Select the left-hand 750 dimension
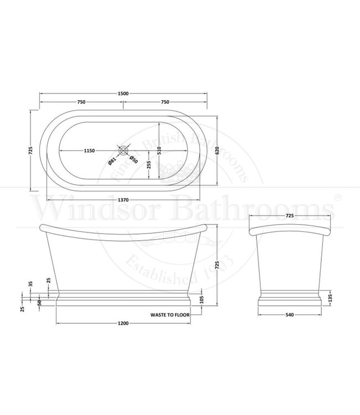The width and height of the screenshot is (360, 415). coord(81,102)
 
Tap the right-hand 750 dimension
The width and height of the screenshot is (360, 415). coord(165,102)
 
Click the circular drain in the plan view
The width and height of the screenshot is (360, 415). coord(124,150)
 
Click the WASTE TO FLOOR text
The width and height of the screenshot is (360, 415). coord(171,314)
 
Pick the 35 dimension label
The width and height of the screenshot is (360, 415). coord(31,284)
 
